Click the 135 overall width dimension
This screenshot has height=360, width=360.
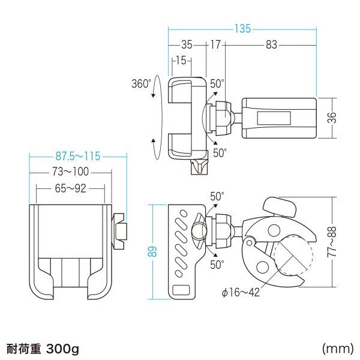pyautogui.click(x=242, y=28)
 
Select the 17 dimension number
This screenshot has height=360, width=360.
pyautogui.click(x=215, y=44)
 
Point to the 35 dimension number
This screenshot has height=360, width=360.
pyautogui.click(x=187, y=44)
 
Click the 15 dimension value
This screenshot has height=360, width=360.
pyautogui.click(x=181, y=60)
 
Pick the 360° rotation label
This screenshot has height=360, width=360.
pyautogui.click(x=141, y=84)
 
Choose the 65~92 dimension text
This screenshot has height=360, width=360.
pyautogui.click(x=70, y=188)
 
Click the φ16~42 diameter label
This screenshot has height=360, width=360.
pyautogui.click(x=242, y=292)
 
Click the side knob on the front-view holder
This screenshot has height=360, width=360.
pyautogui.click(x=120, y=232)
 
